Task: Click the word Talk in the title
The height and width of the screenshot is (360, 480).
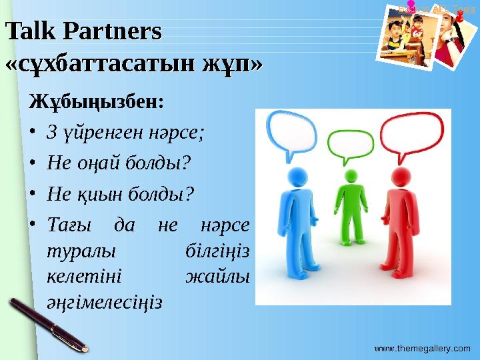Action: click(26, 32)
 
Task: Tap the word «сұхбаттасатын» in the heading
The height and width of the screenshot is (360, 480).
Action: click(100, 65)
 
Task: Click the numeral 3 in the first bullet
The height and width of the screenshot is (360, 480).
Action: click(50, 131)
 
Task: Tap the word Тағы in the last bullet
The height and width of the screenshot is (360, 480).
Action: click(67, 225)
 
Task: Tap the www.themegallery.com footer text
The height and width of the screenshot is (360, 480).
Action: click(422, 348)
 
